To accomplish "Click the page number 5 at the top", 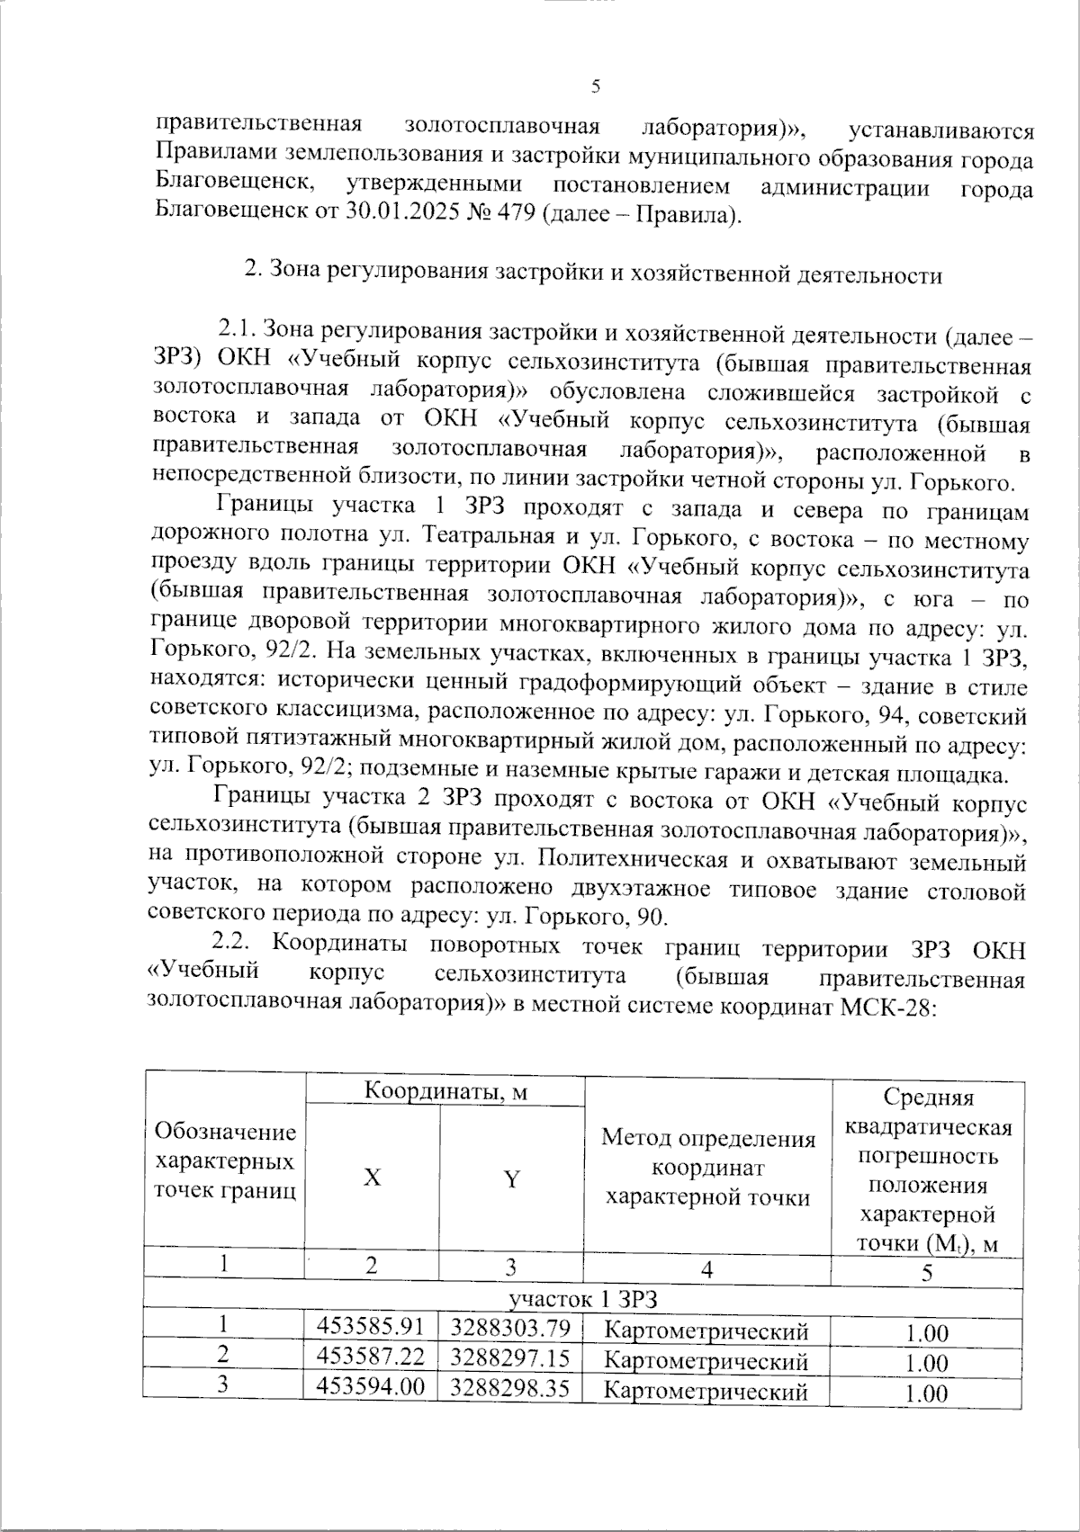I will pyautogui.click(x=595, y=87).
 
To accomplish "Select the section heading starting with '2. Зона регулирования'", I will pyautogui.click(x=594, y=274).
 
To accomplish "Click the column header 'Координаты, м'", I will pyautogui.click(x=445, y=1091).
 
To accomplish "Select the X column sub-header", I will pyautogui.click(x=372, y=1177).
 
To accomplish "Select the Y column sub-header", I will pyautogui.click(x=511, y=1178).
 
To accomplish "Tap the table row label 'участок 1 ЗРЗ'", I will pyautogui.click(x=583, y=1299).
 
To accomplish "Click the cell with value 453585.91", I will pyautogui.click(x=370, y=1326).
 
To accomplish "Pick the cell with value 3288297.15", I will pyautogui.click(x=510, y=1357).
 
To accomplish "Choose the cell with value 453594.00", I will pyautogui.click(x=370, y=1386).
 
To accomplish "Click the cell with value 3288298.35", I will pyautogui.click(x=510, y=1388).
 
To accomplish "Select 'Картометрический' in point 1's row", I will pyautogui.click(x=706, y=1330).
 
